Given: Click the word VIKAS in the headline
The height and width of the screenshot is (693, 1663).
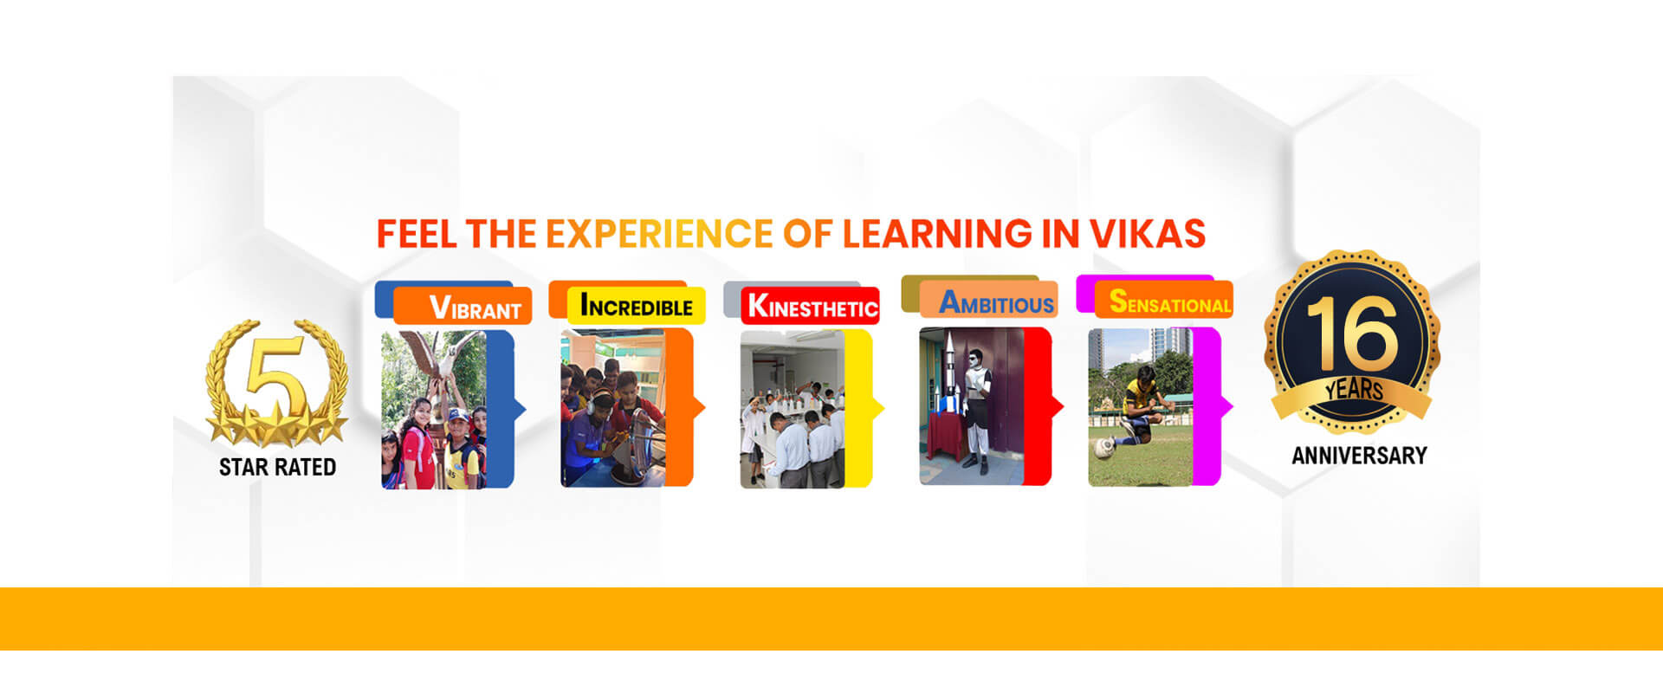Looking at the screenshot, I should click(x=1147, y=234).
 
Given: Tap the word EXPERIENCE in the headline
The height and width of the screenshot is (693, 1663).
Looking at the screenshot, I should click(x=658, y=234).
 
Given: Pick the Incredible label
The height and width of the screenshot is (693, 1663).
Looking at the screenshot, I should click(x=636, y=306).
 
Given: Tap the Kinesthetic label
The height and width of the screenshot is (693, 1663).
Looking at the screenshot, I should click(x=812, y=307).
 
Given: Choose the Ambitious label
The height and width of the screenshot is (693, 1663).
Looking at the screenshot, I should click(x=996, y=303).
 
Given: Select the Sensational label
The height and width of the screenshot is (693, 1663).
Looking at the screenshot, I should click(x=1169, y=302).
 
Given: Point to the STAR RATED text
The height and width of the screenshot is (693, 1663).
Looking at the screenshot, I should click(x=277, y=468).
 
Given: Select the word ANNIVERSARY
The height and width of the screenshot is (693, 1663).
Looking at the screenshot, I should click(x=1359, y=456).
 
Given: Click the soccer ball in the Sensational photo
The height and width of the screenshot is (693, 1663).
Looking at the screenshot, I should click(x=1104, y=447).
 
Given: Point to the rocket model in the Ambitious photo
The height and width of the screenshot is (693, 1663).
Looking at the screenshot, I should click(x=950, y=372).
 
